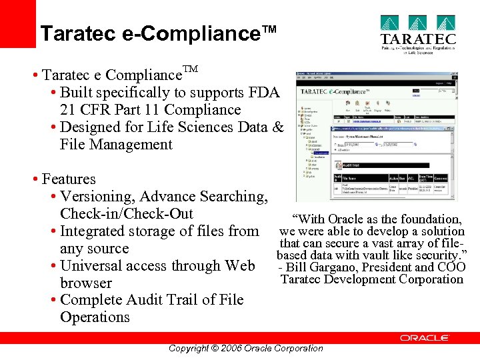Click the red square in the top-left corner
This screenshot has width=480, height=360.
[17, 23]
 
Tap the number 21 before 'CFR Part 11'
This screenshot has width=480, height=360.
[68, 110]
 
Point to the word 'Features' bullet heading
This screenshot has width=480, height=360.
[69, 179]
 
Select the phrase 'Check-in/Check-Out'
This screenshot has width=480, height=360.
[127, 214]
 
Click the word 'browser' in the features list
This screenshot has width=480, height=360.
[86, 283]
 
